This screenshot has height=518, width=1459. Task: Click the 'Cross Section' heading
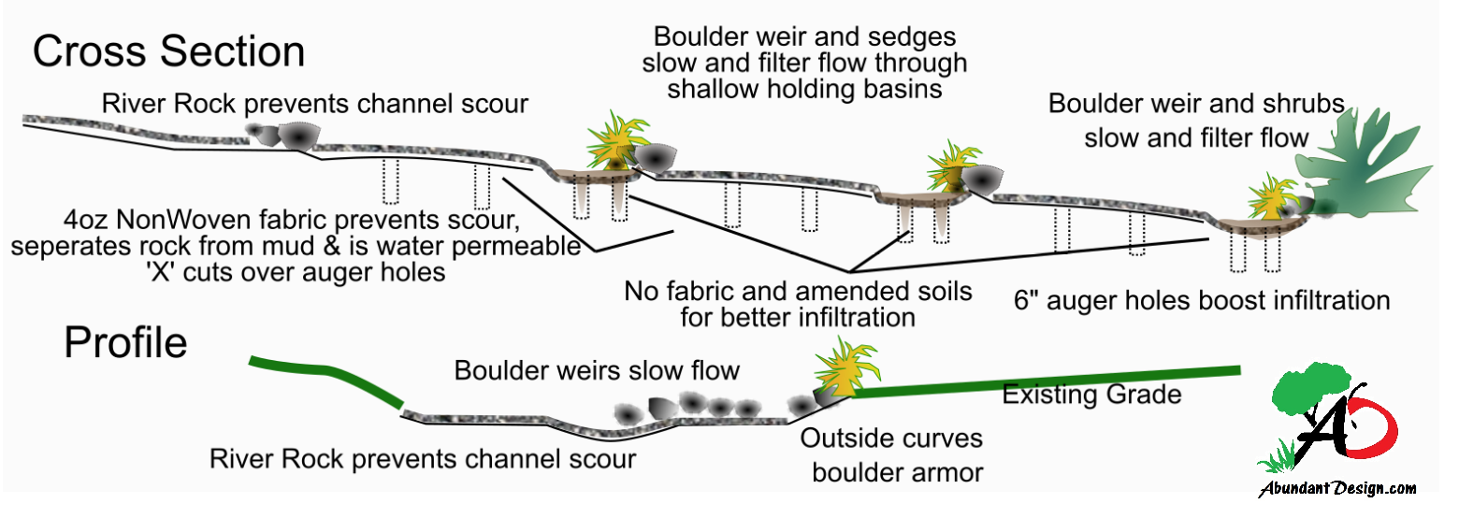click(168, 51)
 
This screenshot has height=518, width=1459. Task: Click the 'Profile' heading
click(125, 344)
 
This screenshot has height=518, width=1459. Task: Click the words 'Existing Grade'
click(1091, 395)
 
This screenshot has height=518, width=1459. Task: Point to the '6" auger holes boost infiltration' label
click(1202, 301)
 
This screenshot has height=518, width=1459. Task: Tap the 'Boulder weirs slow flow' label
click(597, 370)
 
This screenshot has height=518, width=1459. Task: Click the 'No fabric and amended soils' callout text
click(798, 291)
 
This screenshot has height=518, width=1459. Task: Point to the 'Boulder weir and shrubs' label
click(1196, 104)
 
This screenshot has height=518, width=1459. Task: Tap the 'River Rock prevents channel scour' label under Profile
click(423, 459)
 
